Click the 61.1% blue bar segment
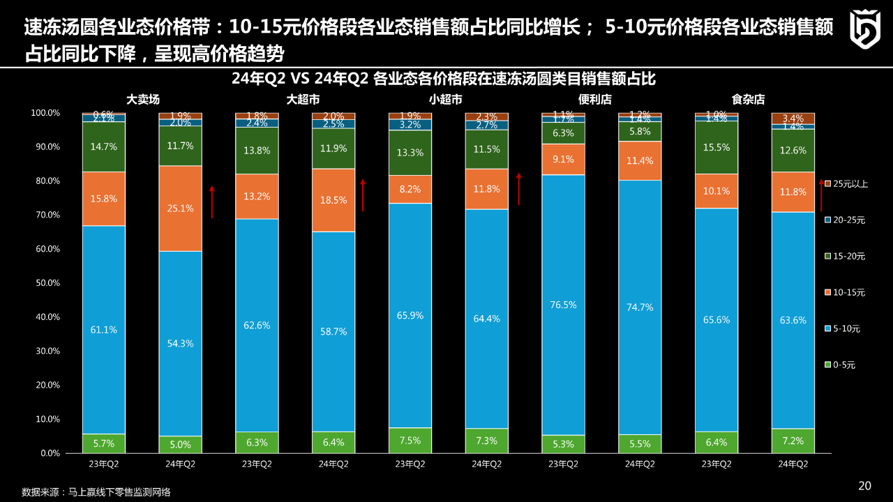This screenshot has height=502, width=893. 103,330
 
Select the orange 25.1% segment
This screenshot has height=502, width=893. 180,208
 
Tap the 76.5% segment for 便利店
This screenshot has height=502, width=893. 563,305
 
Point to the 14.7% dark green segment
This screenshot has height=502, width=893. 103,147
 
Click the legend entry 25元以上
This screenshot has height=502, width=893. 846,184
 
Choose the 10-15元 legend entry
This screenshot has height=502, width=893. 846,293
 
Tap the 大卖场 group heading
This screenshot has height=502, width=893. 143,100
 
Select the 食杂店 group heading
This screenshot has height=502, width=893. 748,100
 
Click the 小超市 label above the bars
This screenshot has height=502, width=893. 445,100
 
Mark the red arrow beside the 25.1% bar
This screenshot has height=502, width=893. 212,202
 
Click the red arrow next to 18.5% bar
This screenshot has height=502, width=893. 363,195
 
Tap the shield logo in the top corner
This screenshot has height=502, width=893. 864,29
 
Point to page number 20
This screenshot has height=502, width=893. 864,486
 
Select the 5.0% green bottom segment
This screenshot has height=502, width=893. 180,445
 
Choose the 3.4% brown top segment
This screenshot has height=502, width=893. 793,119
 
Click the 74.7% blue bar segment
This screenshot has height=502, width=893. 640,307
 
